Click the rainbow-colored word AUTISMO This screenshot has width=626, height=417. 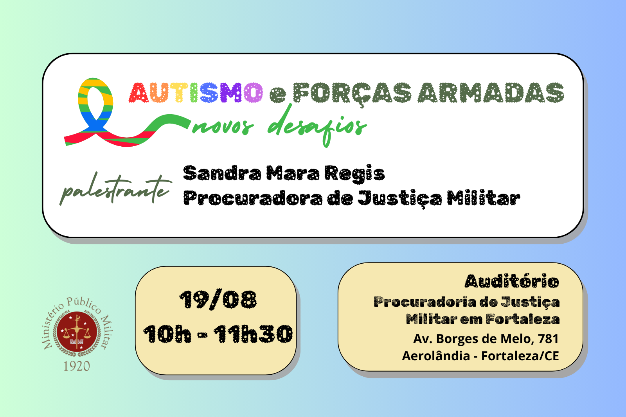click(196, 92)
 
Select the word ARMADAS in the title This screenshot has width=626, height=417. click(491, 92)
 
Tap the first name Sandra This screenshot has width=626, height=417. click(222, 173)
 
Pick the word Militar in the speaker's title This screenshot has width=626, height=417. click(484, 198)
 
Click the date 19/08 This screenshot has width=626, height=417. click(218, 299)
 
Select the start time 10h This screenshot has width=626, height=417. click(167, 334)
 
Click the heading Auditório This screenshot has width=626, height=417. click(512, 281)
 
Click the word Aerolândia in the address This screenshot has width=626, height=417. click(436, 356)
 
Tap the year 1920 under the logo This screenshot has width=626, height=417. click(77, 366)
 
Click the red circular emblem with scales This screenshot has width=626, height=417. click(77, 332)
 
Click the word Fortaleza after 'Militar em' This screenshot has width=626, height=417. click(523, 319)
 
